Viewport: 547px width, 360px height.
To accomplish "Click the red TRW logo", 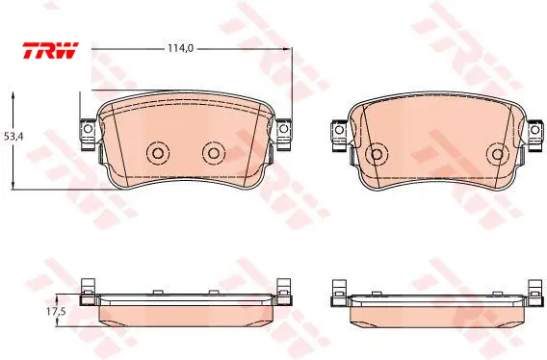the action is (x=51, y=51).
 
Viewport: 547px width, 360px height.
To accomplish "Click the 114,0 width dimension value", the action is (x=180, y=48).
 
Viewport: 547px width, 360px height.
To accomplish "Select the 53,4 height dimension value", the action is (x=13, y=137).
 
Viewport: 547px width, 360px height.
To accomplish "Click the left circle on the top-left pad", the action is (x=158, y=153).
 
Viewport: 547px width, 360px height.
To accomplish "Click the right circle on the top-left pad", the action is (x=214, y=153).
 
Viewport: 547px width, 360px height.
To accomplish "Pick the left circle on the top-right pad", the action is (x=377, y=154).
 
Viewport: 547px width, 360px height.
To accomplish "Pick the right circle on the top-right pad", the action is (x=498, y=154).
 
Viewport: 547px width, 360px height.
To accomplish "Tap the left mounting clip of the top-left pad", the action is (x=88, y=135).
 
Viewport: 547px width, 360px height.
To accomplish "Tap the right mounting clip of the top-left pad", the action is (x=284, y=135).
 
